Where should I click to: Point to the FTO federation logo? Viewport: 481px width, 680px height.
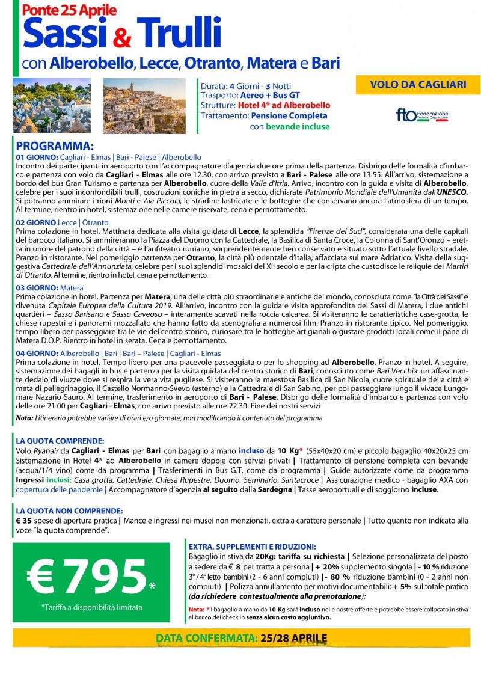(421, 115)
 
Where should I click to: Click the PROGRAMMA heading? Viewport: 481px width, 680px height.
(55, 147)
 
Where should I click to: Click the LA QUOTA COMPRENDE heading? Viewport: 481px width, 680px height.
(60, 440)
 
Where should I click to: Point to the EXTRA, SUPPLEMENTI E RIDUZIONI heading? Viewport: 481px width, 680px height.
(252, 547)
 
